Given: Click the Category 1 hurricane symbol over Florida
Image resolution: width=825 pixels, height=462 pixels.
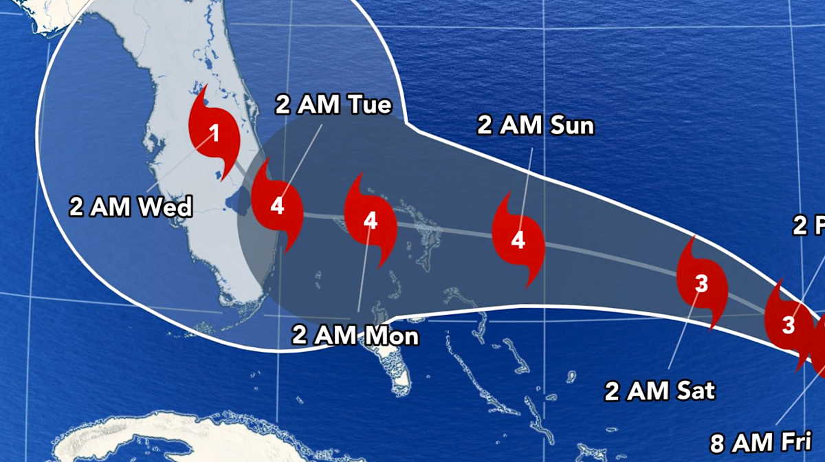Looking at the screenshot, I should point(214,135).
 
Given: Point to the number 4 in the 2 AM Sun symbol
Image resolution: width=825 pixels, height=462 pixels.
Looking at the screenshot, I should point(518,241).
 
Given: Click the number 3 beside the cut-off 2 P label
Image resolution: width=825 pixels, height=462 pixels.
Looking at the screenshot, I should point(788,324).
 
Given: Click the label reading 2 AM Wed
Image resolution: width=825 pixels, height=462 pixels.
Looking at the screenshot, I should point(131,206).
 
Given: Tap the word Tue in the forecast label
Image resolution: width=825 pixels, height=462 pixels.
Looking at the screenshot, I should point(368,105).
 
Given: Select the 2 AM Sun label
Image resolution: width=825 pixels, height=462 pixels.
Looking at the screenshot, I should point(536,126).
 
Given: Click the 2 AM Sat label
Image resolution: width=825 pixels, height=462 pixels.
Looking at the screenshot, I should point(660,391).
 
